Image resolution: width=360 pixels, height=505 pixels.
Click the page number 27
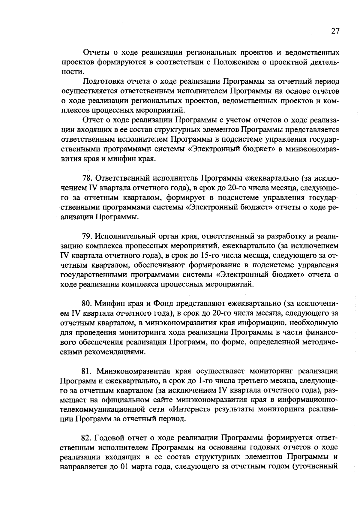pyautogui.click(x=335, y=31)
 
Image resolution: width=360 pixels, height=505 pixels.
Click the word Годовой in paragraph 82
pyautogui.click(x=108, y=438)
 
